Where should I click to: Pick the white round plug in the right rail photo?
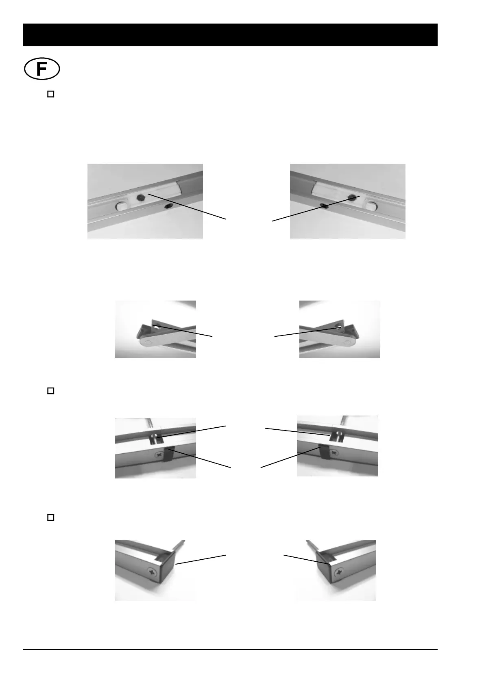370,206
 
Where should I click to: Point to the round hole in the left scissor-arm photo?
157,325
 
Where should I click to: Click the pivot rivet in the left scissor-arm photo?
147,343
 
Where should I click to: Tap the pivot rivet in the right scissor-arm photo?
348,343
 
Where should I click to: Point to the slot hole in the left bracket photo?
155,438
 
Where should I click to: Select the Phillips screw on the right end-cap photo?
338,572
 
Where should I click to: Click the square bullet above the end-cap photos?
51,517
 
